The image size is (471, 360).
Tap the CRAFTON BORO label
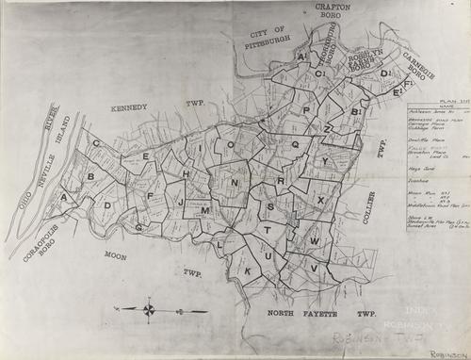328,11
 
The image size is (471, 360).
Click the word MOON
115,255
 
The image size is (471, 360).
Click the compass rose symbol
149,308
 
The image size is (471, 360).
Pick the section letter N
235,181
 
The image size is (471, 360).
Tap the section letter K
248,270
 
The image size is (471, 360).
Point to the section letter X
320,201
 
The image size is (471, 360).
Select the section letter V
315,267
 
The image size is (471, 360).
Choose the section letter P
305,110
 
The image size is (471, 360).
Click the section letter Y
325,161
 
